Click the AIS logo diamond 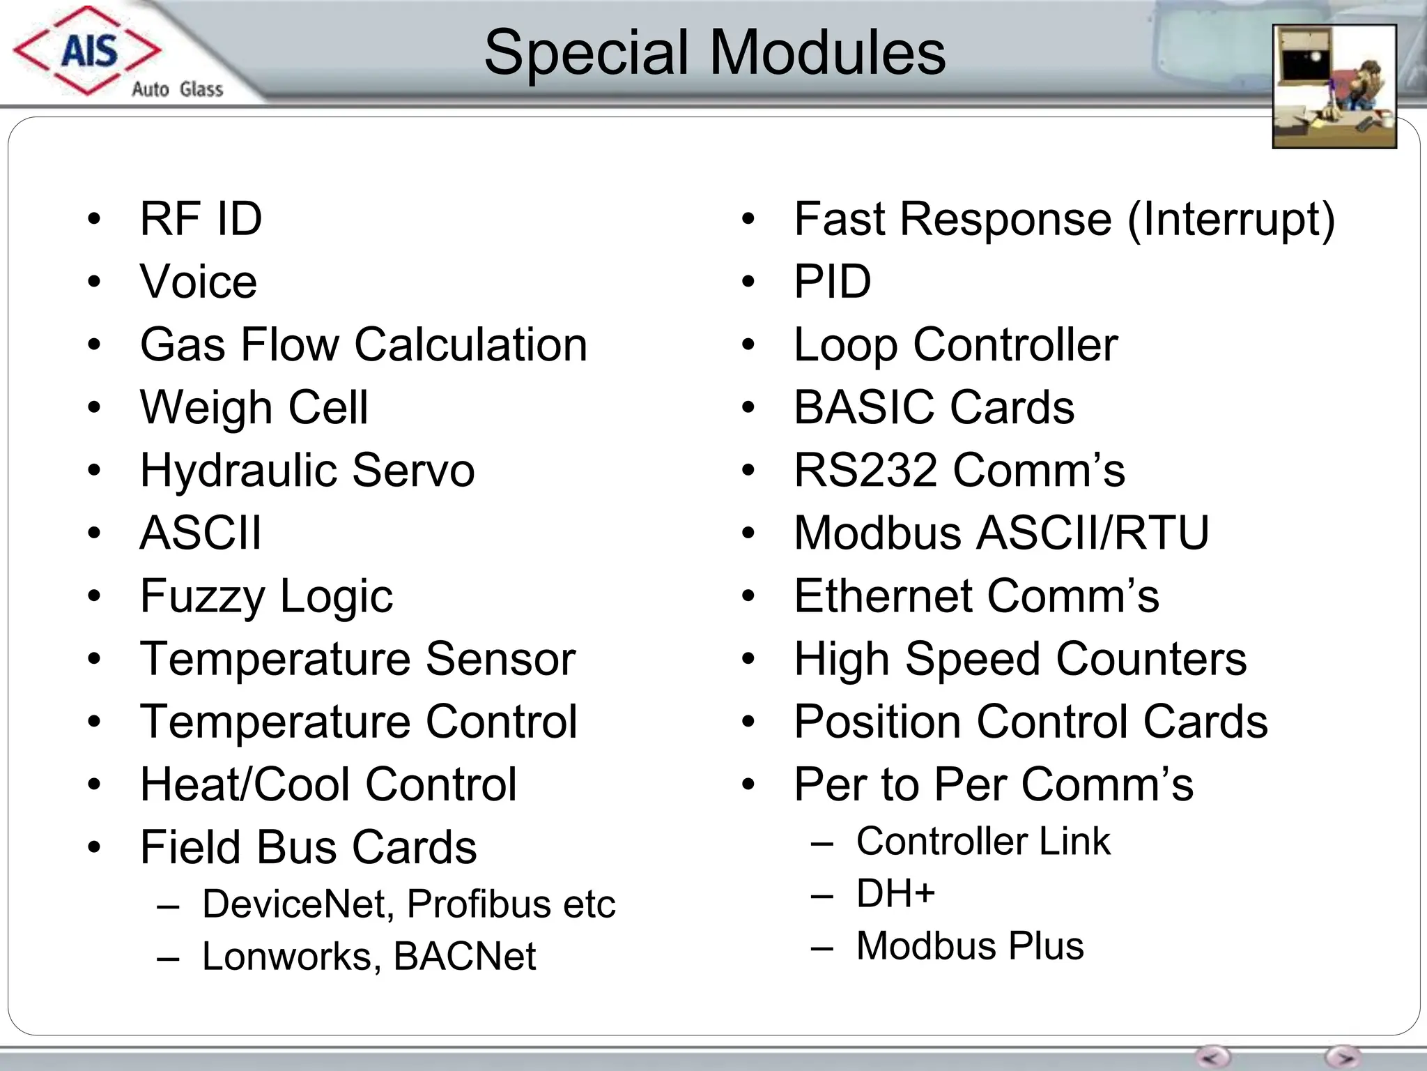coord(88,50)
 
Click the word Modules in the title coord(827,53)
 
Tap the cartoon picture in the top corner coord(1334,86)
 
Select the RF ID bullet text coord(201,219)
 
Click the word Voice coord(199,282)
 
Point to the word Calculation coord(470,344)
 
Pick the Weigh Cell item coord(254,407)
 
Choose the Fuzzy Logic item coord(266,596)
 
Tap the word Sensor coord(500,658)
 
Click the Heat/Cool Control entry coord(328,784)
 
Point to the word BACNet coord(465,956)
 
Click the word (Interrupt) coord(1231,219)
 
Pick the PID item coord(833,282)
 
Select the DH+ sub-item coord(895,893)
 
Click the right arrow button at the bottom coord(1343,1056)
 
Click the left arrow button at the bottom coord(1212,1056)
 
